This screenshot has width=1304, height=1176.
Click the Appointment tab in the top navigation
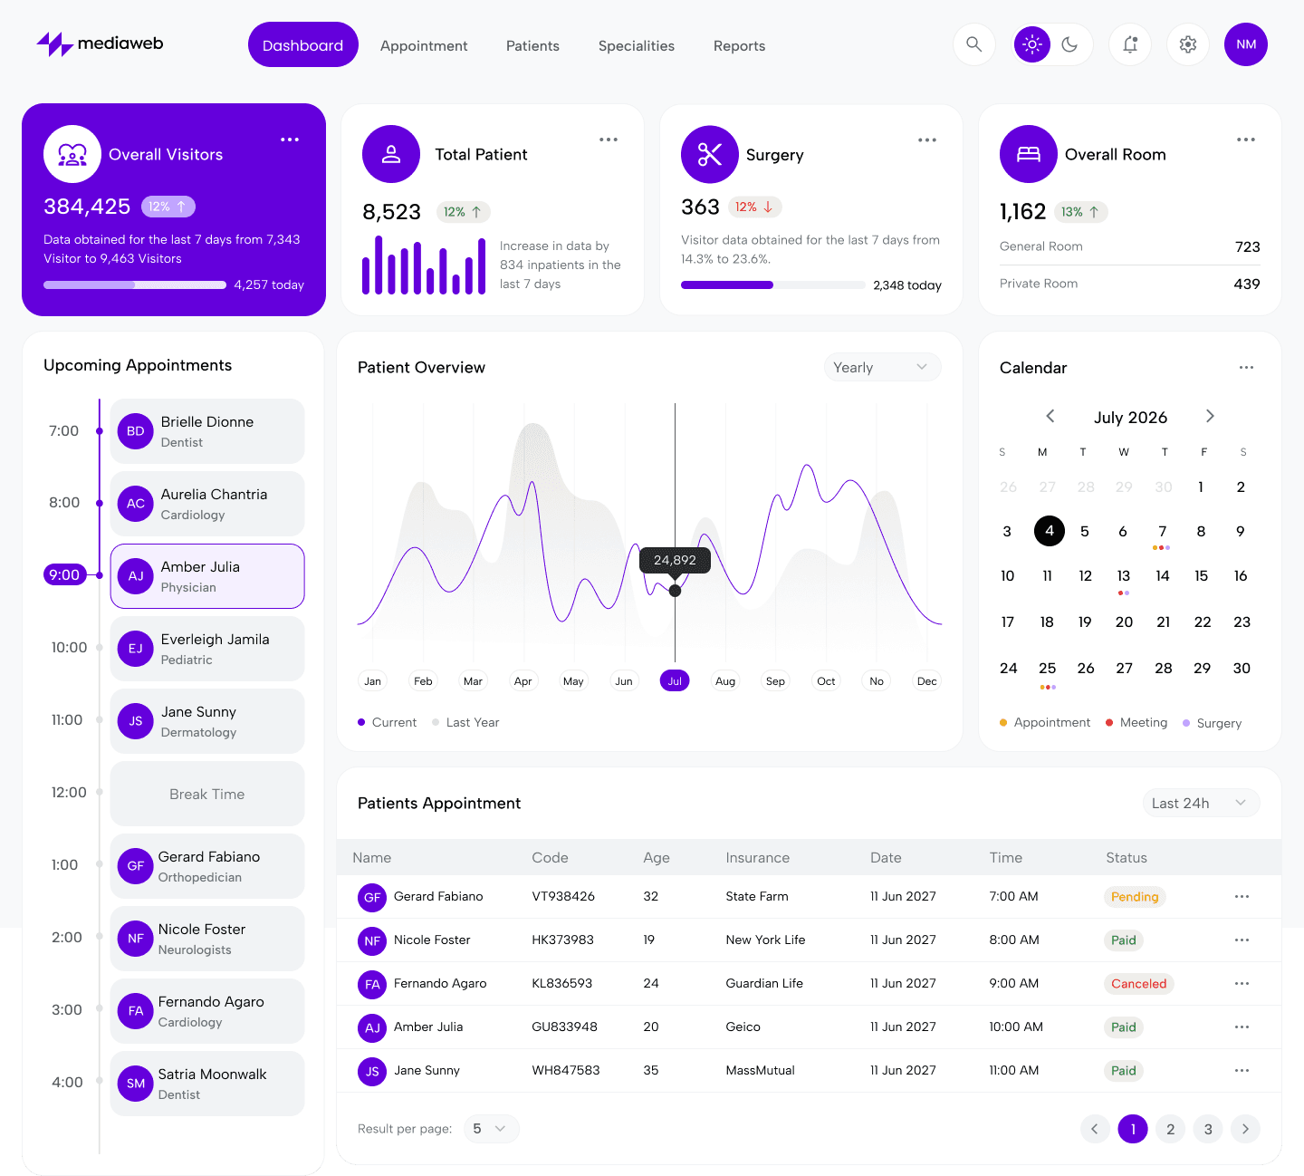pos(424,45)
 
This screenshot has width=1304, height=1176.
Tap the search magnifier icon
pos(973,44)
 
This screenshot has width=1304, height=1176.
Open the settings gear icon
pos(1188,44)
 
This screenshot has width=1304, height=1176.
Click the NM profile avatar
pos(1246,44)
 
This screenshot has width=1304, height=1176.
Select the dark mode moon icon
pos(1069,44)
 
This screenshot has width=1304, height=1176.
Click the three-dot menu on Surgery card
pos(927,140)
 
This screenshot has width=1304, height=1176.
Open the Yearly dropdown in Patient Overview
pos(882,367)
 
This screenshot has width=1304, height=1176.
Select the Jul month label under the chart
pos(675,681)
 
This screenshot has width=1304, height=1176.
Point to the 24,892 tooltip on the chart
pos(675,560)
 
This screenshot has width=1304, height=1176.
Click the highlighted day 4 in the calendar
pos(1049,531)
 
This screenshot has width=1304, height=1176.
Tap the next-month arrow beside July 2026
pos(1210,416)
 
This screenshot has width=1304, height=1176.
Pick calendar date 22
pos(1203,622)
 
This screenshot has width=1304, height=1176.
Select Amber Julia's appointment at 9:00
pos(207,576)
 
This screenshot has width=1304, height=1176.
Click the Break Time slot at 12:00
pos(207,794)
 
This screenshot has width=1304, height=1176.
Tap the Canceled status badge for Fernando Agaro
pos(1138,984)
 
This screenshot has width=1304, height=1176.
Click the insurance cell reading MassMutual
pos(760,1071)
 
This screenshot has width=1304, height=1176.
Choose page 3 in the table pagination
pos(1208,1129)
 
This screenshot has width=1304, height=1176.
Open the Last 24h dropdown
pos(1200,804)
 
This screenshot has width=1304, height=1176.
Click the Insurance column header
pos(757,858)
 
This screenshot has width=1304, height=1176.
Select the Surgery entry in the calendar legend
pos(1218,723)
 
